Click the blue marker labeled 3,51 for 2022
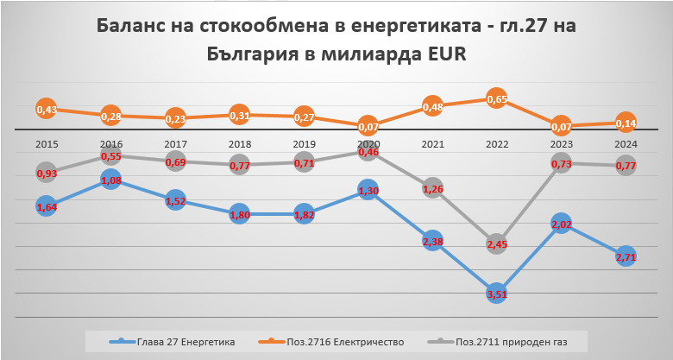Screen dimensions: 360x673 click(496, 293)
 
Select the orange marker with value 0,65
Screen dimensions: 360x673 click(496, 98)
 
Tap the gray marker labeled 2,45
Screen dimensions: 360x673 click(496, 244)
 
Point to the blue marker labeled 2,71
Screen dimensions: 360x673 click(626, 256)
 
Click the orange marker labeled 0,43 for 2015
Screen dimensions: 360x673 click(47, 109)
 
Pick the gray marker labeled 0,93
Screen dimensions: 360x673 click(47, 173)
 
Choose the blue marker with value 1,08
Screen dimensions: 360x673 click(110, 180)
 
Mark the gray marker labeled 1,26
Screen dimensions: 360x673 click(432, 189)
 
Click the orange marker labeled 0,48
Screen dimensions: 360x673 click(432, 107)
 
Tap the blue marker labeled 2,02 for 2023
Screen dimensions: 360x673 click(562, 224)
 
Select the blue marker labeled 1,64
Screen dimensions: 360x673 click(47, 205)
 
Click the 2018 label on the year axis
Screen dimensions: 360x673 click(240, 143)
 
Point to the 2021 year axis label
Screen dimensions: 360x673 click(432, 143)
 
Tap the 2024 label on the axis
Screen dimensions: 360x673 click(626, 143)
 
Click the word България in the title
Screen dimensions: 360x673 click(261, 54)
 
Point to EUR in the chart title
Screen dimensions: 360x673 click(441, 54)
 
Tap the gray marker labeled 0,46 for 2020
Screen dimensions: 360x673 click(368, 152)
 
